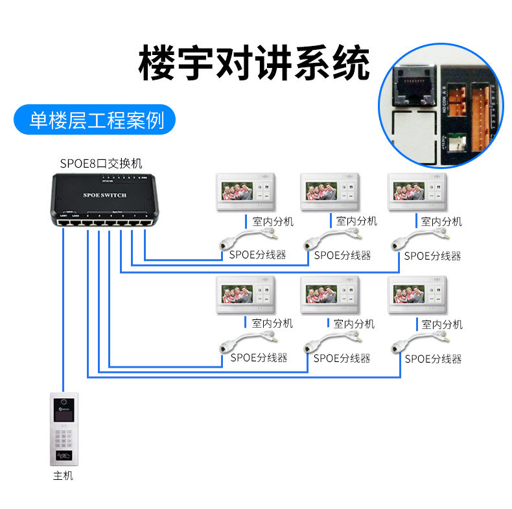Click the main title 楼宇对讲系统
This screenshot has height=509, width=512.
tap(255, 63)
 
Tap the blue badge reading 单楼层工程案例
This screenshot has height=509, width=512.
tap(97, 120)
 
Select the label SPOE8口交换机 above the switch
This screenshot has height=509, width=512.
tap(100, 163)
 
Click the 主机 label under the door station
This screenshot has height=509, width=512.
tap(63, 476)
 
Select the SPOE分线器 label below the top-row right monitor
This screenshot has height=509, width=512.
tap(432, 256)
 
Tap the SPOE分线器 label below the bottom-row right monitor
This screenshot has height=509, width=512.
tap(433, 358)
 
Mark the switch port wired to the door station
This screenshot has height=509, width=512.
tap(63, 222)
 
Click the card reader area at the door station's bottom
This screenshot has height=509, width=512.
tap(64, 456)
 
